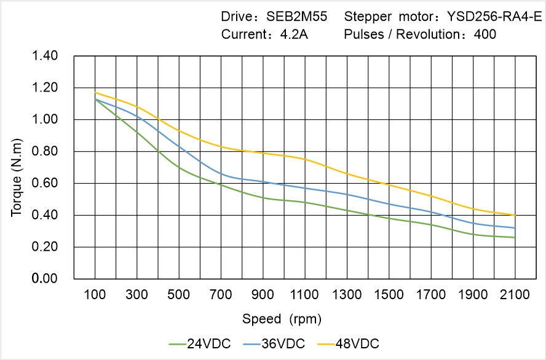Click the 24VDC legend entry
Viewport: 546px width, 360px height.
[x=200, y=343]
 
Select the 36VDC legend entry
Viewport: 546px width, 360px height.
[x=274, y=343]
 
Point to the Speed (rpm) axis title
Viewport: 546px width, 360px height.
[x=282, y=319]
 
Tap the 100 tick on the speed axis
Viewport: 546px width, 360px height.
[x=95, y=295]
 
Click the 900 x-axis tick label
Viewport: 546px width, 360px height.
[x=263, y=295]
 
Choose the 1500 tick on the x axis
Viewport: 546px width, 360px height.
[x=389, y=295]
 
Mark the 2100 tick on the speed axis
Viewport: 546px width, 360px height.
[x=515, y=295]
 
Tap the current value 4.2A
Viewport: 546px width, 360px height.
[x=294, y=34]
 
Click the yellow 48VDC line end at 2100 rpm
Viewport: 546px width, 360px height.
[x=515, y=215]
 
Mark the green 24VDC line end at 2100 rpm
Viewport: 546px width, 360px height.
[x=515, y=237]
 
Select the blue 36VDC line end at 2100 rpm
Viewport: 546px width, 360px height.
[x=515, y=228]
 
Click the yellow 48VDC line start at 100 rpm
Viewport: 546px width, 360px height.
[x=95, y=93]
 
